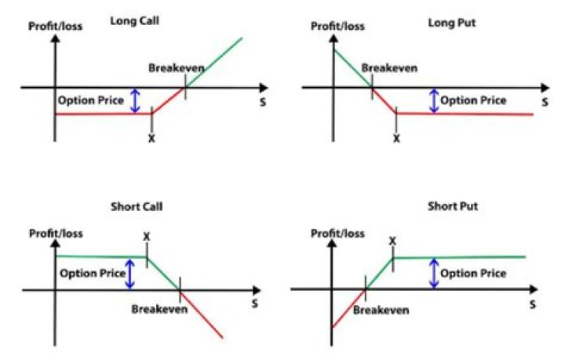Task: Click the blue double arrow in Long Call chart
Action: click(x=134, y=100)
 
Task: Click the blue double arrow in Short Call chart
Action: click(x=130, y=274)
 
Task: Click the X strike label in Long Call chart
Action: click(x=151, y=138)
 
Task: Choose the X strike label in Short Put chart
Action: click(x=392, y=240)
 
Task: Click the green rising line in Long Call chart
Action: click(x=213, y=61)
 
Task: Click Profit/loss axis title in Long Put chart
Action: click(x=337, y=27)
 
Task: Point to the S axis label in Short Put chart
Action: click(x=532, y=304)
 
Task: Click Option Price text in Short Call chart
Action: click(x=93, y=274)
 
